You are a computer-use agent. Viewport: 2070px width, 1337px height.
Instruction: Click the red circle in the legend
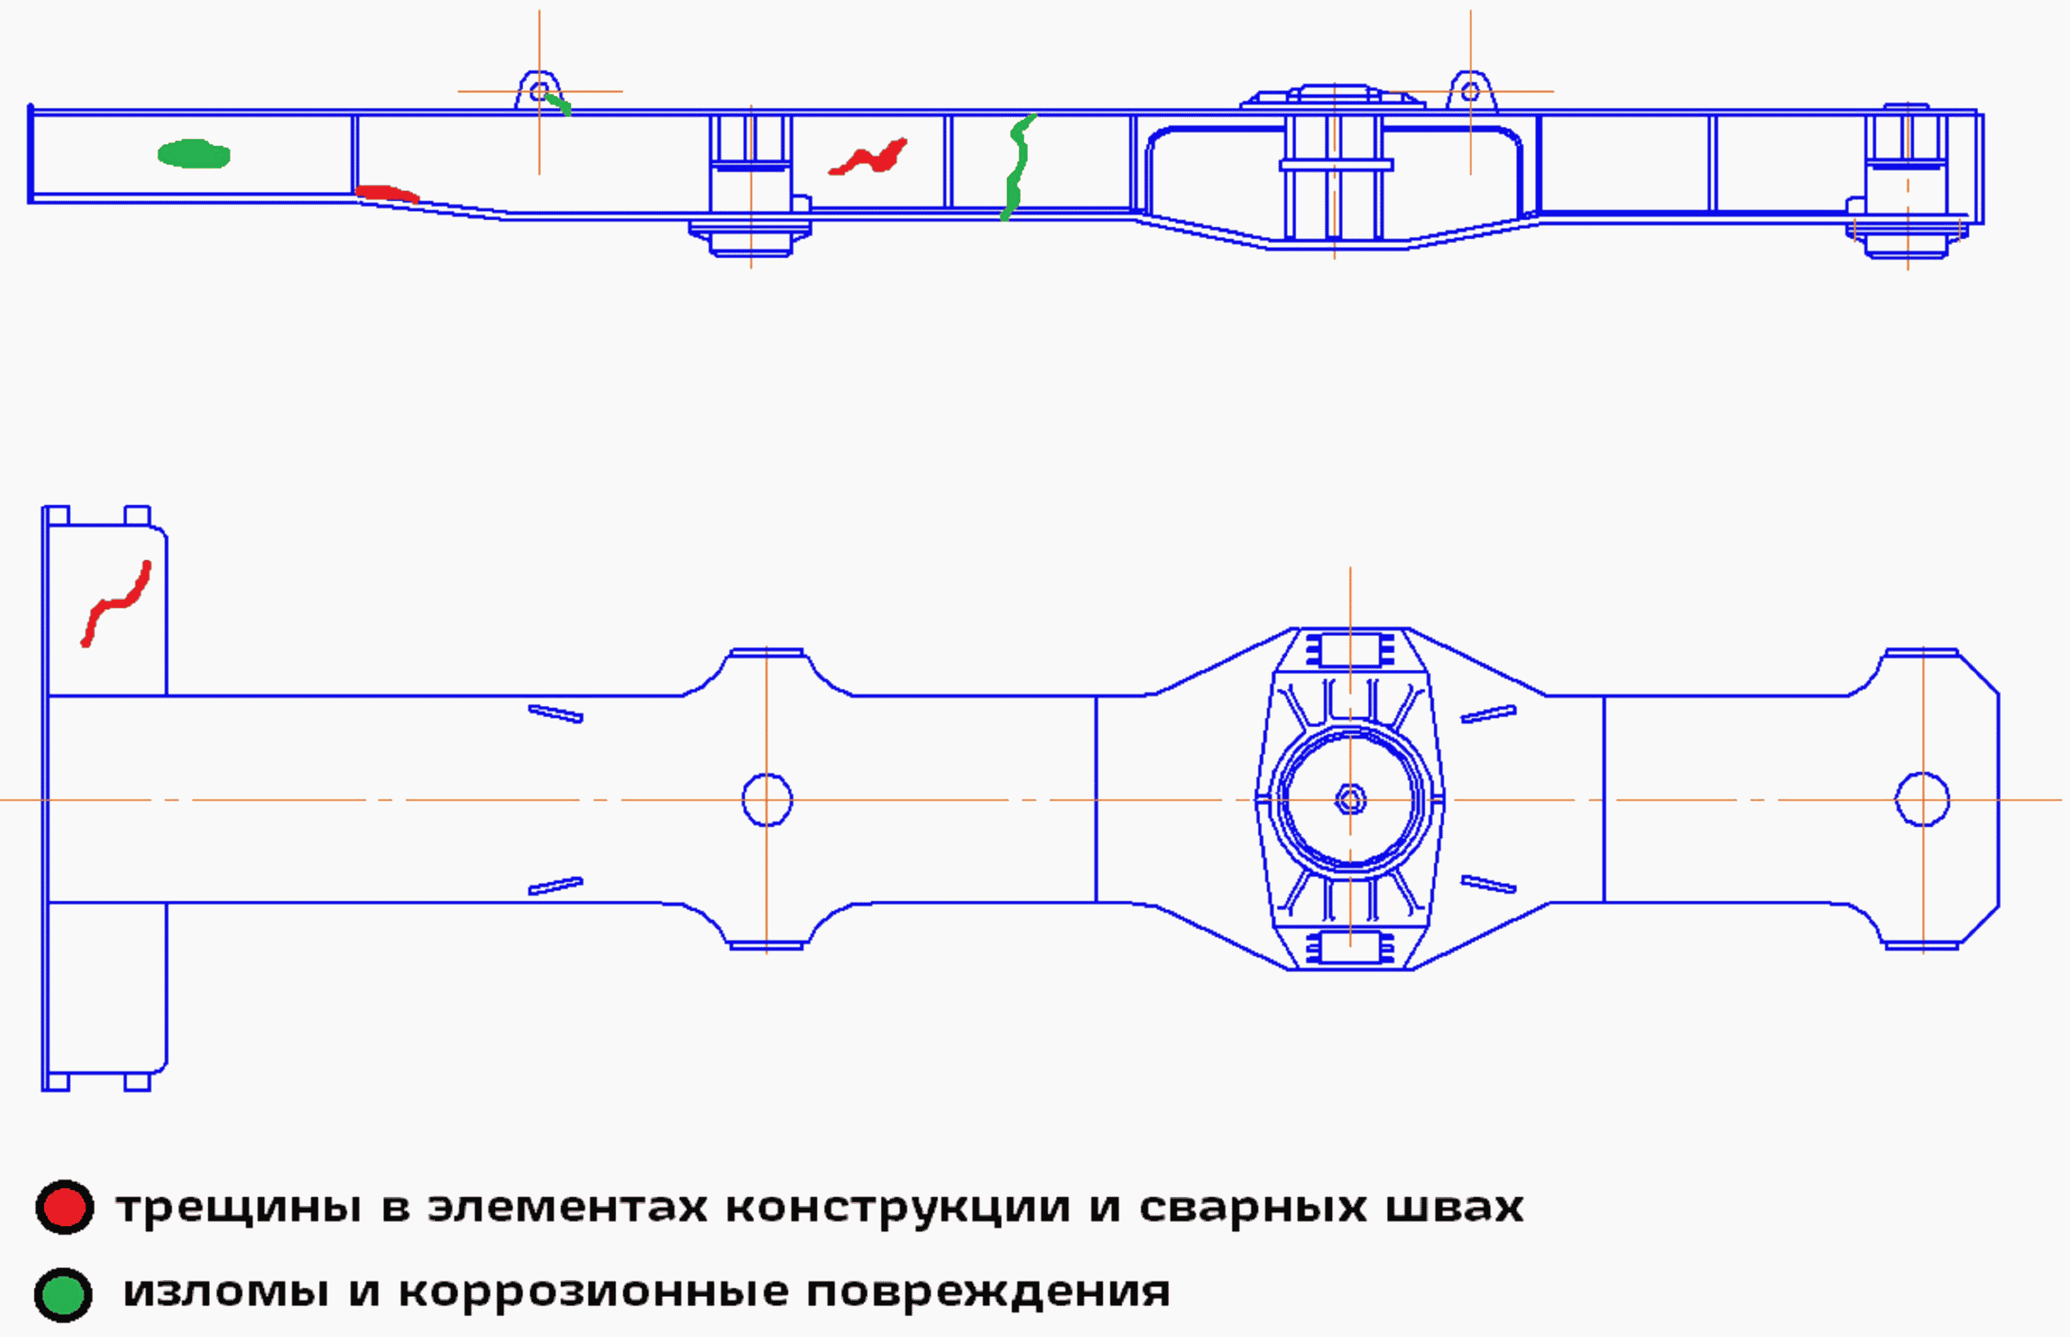(64, 1207)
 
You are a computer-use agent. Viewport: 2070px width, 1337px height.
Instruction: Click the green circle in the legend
(64, 1295)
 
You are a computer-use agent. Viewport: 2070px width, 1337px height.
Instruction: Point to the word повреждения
(988, 1293)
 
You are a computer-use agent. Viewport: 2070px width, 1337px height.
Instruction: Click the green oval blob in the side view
(193, 154)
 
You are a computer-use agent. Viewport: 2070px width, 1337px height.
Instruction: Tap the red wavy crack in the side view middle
(869, 158)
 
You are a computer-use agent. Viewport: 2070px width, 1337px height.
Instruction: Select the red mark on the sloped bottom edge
(386, 193)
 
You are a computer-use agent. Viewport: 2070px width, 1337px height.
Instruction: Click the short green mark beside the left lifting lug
(558, 103)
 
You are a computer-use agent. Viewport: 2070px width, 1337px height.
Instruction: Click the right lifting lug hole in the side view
(1470, 91)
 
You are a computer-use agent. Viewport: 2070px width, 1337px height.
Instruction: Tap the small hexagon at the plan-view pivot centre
(1350, 800)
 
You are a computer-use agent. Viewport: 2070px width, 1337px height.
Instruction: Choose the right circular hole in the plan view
(1922, 800)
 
